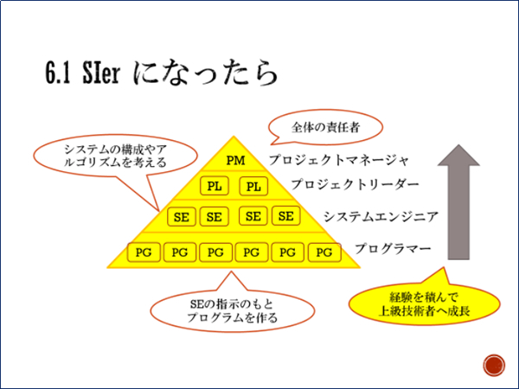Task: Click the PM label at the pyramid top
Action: tap(235, 161)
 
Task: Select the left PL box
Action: tap(215, 186)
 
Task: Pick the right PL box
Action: tap(253, 186)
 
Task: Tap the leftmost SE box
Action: tap(182, 217)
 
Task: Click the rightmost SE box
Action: tap(286, 215)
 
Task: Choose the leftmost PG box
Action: tap(144, 252)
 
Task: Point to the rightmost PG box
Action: tap(324, 252)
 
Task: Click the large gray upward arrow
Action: tap(458, 202)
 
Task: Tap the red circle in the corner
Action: tap(494, 366)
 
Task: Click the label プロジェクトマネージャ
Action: tap(339, 160)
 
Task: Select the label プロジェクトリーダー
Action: tap(355, 184)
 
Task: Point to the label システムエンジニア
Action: tap(381, 217)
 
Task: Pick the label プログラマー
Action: tap(393, 248)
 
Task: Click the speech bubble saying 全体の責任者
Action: tap(325, 128)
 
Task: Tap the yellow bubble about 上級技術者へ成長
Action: tap(425, 303)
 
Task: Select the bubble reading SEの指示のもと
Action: tap(233, 310)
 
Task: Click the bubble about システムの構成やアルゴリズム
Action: tap(116, 156)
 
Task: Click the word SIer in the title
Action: tap(101, 73)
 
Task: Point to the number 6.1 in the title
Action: tap(58, 73)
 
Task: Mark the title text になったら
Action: tap(205, 73)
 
